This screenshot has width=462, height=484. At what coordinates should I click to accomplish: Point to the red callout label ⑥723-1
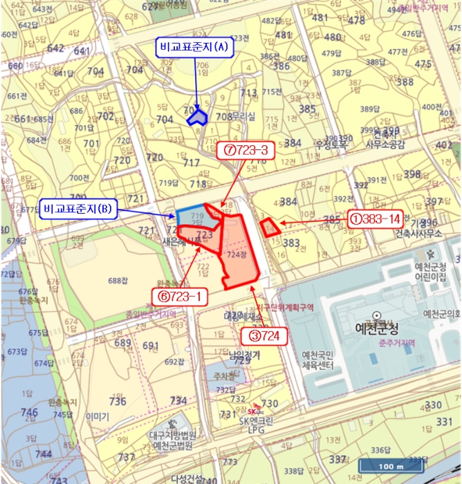pyautogui.click(x=180, y=297)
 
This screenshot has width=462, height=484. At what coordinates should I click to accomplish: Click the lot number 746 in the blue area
pyautogui.click(x=29, y=412)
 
